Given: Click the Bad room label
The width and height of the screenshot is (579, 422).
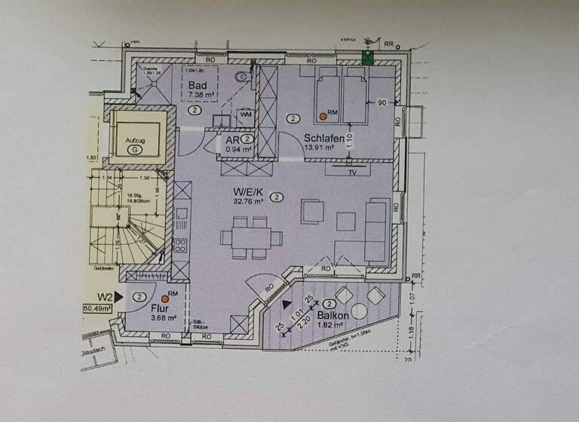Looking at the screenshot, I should coord(198,86).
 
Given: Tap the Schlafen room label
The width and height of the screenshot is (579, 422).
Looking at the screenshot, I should coord(325,139).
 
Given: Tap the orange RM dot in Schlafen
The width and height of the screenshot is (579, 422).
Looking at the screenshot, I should coord(322,117).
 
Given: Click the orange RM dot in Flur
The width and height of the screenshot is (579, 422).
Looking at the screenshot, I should coord(164,298).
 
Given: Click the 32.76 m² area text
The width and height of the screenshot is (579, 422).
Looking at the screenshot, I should coord(247,201).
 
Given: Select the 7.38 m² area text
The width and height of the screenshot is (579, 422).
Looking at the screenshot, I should coord(200,95).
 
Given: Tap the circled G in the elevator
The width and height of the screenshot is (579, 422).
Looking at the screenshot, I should coord(135,150).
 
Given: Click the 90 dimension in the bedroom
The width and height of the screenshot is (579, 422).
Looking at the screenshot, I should coord(381,102).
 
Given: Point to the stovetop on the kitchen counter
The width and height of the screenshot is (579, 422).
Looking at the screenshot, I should coord(181,244).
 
